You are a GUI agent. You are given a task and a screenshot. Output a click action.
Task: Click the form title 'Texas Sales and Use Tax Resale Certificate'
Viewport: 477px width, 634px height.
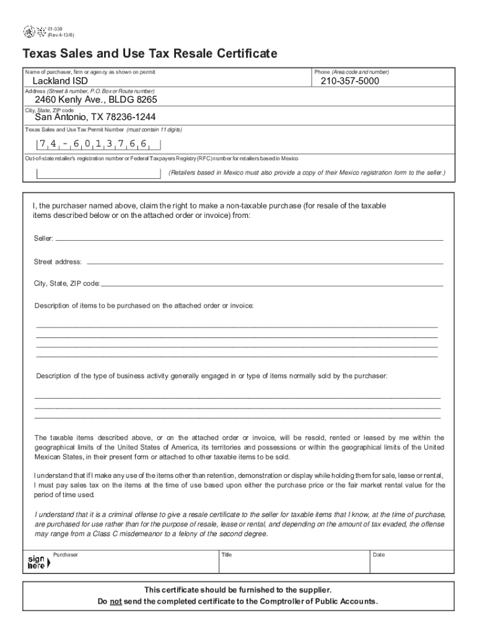[150, 54]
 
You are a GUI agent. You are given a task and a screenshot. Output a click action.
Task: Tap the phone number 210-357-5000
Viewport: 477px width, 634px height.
[349, 81]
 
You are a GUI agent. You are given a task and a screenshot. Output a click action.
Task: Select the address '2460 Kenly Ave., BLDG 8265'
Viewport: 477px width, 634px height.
[95, 100]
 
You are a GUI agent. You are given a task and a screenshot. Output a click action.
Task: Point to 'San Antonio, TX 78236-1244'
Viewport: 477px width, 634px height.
[95, 117]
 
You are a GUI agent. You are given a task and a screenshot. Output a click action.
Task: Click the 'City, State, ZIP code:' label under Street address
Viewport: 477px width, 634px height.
[67, 284]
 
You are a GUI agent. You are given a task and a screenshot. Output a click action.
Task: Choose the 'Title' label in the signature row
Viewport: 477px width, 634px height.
[227, 555]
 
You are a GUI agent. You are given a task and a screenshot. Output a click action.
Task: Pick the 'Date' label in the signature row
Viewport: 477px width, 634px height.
[379, 555]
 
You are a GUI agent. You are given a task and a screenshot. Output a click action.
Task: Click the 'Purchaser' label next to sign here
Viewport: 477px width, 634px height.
[66, 555]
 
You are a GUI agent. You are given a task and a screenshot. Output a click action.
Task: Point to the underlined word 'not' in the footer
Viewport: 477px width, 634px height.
[115, 601]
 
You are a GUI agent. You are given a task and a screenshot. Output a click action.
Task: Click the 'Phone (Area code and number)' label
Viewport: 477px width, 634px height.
[351, 72]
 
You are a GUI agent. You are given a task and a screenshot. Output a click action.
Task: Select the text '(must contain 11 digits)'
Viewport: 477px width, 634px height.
[154, 129]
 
